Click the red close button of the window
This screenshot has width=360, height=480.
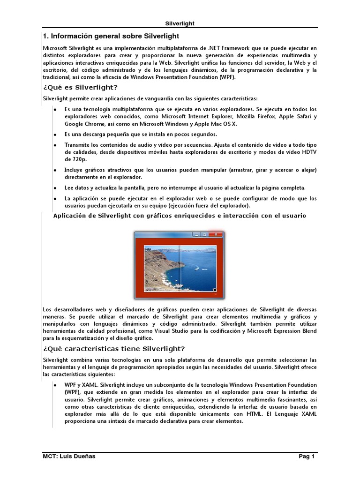[215, 234]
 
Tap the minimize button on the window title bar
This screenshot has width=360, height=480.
[196, 234]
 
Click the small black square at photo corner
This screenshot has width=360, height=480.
[214, 290]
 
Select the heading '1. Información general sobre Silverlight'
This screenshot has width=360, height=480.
[111, 36]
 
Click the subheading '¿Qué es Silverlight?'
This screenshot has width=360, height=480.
[80, 87]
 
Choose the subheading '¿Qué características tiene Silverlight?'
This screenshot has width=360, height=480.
[114, 348]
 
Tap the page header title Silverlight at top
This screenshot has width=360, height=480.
[180, 23]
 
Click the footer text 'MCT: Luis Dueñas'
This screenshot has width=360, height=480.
[69, 456]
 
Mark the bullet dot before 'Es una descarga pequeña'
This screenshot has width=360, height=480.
[54, 135]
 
